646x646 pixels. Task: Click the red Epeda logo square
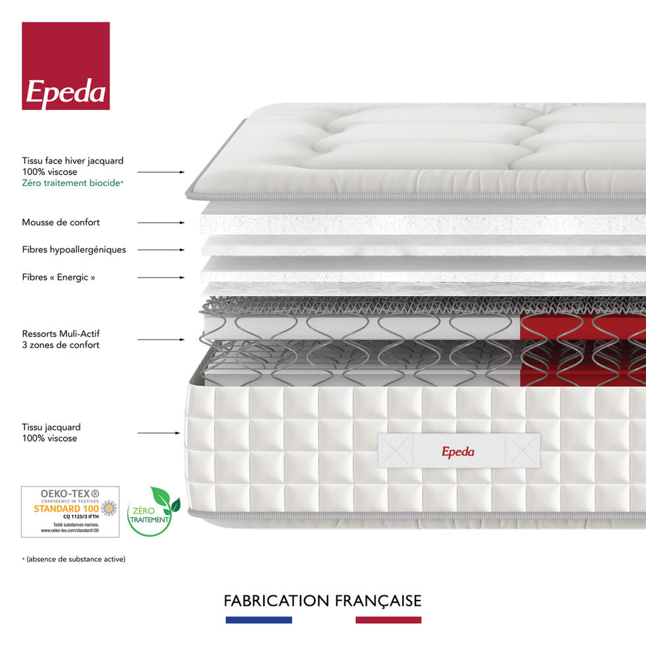[x=66, y=66]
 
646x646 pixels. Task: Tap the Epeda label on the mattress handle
[x=458, y=452]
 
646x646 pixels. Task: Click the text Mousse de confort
[x=61, y=223]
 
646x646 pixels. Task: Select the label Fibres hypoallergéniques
[x=74, y=250]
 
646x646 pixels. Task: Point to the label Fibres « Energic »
[x=59, y=278]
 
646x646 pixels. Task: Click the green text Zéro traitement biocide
[x=73, y=183]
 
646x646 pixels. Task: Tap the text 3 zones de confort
[x=61, y=345]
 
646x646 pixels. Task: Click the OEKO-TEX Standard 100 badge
[x=71, y=512]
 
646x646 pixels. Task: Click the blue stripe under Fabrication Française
[x=258, y=620]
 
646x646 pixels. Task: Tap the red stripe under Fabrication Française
[x=388, y=620]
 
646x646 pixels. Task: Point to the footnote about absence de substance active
[x=74, y=559]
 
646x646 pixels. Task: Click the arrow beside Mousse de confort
[x=161, y=223]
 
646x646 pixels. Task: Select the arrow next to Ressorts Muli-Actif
[x=161, y=339]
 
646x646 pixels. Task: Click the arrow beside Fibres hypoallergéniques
[x=161, y=250]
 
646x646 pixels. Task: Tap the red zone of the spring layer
[x=580, y=349]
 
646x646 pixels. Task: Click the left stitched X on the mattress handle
[x=395, y=452]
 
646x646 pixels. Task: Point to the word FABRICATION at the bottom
[x=276, y=601]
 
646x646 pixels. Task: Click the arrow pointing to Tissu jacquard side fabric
[x=158, y=433]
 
